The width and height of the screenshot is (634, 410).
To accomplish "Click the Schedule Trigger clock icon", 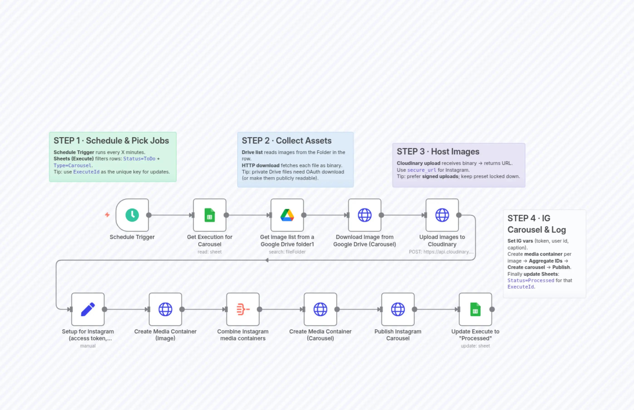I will click(132, 215).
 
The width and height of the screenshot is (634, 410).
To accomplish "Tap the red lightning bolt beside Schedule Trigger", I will click(107, 215).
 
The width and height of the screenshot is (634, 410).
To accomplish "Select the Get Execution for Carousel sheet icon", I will click(210, 215).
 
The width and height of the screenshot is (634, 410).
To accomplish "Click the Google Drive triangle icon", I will click(287, 215).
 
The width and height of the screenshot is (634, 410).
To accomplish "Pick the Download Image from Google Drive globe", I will click(364, 215).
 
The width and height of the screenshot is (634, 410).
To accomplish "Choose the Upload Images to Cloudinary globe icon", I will click(442, 215).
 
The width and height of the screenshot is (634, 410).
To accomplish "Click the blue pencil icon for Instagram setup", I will click(88, 309).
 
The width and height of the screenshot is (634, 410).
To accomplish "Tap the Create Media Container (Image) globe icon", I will click(165, 309).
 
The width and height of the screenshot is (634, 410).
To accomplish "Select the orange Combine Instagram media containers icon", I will click(243, 309).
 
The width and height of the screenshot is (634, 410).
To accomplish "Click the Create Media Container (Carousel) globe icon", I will click(320, 309).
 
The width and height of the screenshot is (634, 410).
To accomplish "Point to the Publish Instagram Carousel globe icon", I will click(398, 309).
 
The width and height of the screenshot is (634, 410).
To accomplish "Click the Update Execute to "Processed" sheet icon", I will click(475, 309).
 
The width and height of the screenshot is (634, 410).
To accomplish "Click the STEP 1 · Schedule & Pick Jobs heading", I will click(111, 141).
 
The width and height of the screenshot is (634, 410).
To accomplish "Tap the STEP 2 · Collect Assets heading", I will click(286, 141).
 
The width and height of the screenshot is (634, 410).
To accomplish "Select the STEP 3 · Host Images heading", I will click(438, 152).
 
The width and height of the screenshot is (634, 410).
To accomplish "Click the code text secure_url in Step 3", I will click(422, 170).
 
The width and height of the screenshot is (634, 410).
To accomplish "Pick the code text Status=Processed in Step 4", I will click(531, 280).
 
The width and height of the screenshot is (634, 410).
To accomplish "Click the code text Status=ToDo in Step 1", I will click(139, 159).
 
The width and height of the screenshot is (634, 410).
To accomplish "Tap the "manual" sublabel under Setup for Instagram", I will click(88, 346).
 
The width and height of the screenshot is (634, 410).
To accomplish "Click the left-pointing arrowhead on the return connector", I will click(267, 260).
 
